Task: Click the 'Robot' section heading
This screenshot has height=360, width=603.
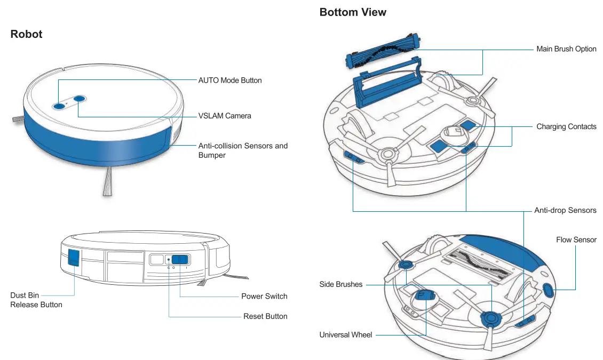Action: click(x=26, y=34)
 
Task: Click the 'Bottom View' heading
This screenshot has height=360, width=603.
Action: click(x=353, y=12)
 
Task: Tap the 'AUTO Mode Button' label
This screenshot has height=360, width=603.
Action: click(x=230, y=80)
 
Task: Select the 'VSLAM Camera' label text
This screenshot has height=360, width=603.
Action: click(x=225, y=116)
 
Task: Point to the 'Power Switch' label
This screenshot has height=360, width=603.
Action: click(x=264, y=296)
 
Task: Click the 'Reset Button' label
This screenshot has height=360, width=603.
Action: click(x=265, y=316)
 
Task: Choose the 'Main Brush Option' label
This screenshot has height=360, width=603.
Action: click(x=566, y=49)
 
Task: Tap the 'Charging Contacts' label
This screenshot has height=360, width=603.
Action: click(x=566, y=127)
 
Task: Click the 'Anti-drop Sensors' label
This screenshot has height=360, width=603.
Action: click(x=565, y=210)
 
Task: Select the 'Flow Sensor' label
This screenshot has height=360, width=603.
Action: click(x=576, y=240)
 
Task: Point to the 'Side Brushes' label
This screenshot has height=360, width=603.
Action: click(x=340, y=284)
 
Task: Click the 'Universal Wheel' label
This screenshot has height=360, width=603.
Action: click(x=346, y=335)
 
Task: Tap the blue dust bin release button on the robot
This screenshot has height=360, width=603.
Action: click(x=73, y=258)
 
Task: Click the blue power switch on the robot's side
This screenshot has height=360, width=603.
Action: click(x=180, y=260)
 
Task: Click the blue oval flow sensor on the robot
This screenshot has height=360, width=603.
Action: click(x=548, y=290)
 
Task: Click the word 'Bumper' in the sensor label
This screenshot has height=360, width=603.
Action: click(x=212, y=155)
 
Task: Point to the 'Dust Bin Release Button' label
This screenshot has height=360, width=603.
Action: click(x=36, y=300)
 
